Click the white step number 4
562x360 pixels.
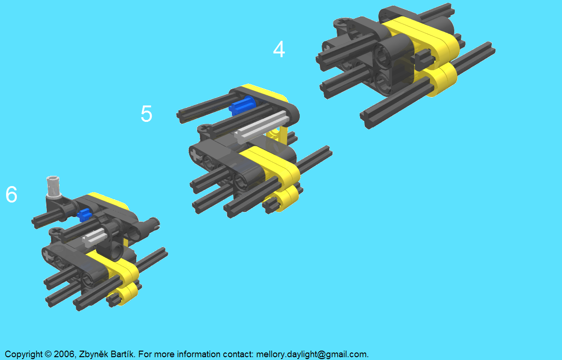[x=279, y=49]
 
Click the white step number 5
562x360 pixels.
[x=147, y=113]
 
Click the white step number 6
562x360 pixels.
[x=12, y=194]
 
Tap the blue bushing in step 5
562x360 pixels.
[x=242, y=105]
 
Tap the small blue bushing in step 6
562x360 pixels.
[x=83, y=215]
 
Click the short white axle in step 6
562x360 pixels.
[x=95, y=237]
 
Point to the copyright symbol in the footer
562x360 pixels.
[x=48, y=354]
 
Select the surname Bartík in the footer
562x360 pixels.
[x=123, y=354]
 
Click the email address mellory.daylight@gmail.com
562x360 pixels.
[x=312, y=354]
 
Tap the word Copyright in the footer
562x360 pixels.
[x=23, y=354]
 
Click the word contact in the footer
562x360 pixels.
[x=238, y=354]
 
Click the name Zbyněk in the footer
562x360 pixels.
[x=94, y=354]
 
